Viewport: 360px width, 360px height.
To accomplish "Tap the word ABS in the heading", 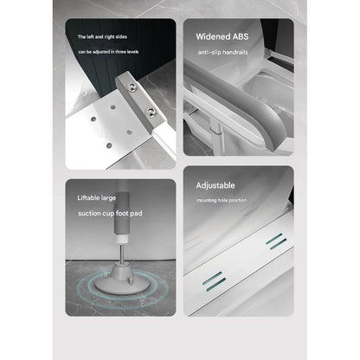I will pyautogui.click(x=250, y=37).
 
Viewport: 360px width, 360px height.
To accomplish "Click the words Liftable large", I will pyautogui.click(x=97, y=198).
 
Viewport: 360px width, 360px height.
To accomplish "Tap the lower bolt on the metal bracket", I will pyautogui.click(x=152, y=113).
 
